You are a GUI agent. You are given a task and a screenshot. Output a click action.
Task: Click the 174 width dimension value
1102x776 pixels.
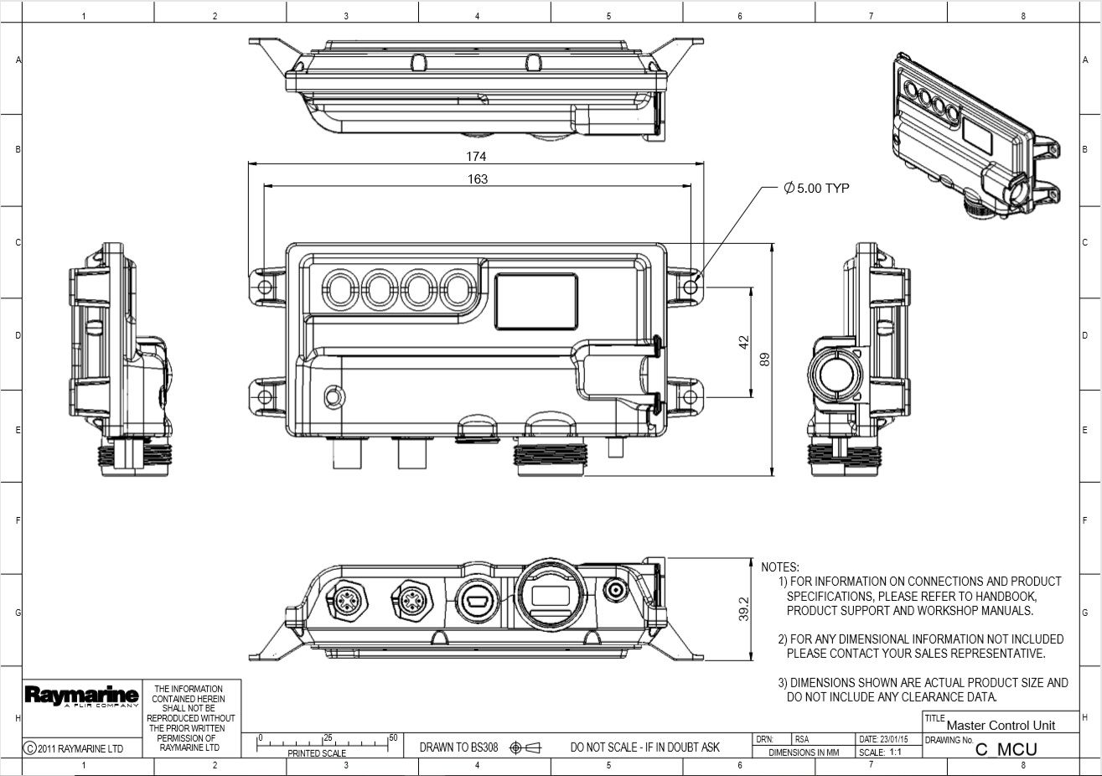point(476,157)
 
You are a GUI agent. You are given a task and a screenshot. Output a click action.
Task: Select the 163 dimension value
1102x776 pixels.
point(476,179)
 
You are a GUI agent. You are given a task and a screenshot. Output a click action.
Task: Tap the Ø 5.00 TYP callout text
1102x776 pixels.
point(816,189)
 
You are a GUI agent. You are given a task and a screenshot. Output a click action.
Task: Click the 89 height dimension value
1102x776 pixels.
point(763,360)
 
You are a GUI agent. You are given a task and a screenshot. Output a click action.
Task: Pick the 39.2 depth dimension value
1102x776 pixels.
point(743,610)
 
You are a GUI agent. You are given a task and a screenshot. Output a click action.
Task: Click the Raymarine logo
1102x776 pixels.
point(81,696)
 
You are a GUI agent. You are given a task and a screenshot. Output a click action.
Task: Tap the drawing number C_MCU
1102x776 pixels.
point(1006,750)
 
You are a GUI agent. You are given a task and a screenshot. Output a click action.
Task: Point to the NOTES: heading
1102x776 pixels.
point(780,567)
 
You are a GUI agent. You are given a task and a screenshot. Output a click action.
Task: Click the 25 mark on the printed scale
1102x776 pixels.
point(328,737)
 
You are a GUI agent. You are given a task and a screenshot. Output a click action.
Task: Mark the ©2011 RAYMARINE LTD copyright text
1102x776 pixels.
point(74,748)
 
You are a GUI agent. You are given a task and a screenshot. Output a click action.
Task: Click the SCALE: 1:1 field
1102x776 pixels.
point(880,753)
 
